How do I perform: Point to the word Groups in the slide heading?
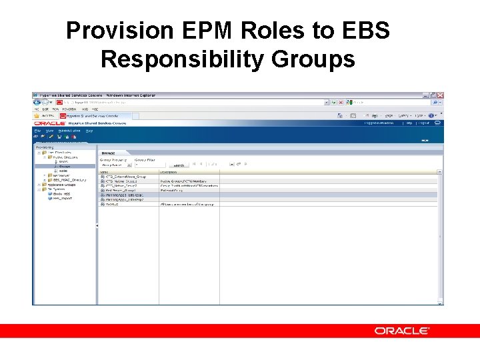pyautogui.click(x=313, y=59)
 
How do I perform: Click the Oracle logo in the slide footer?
pyautogui.click(x=402, y=331)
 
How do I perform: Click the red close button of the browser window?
pyautogui.click(x=440, y=95)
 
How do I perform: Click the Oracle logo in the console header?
pyautogui.click(x=49, y=123)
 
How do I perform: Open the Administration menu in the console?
pyautogui.click(x=69, y=131)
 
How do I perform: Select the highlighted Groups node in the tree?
pyautogui.click(x=64, y=166)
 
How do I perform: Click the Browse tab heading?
pyautogui.click(x=108, y=153)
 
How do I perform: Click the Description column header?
pyautogui.click(x=169, y=172)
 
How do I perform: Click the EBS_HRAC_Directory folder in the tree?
pyautogui.click(x=69, y=180)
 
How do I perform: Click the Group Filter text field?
pyautogui.click(x=150, y=165)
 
